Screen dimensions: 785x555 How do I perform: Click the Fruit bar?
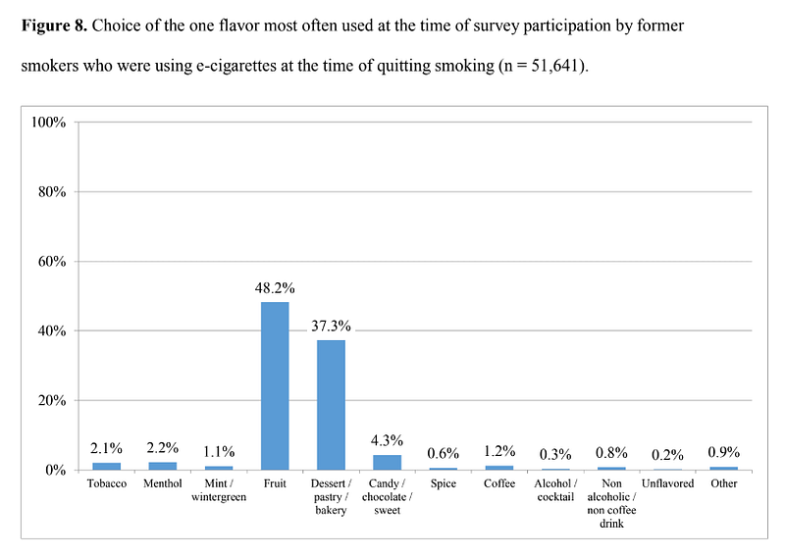275,385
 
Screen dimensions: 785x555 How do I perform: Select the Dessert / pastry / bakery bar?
331,405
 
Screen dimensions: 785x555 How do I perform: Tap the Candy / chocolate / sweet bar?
387,463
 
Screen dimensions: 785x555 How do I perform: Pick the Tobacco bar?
107,467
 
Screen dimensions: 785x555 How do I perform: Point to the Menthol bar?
163,466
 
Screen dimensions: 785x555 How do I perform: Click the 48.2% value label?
275,288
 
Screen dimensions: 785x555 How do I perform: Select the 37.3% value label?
331,327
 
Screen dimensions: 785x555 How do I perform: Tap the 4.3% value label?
387,440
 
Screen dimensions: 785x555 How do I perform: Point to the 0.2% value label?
667,455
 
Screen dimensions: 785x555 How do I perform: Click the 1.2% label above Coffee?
499,451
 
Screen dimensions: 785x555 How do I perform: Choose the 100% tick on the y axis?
48,123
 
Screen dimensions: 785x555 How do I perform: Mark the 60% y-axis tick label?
52,261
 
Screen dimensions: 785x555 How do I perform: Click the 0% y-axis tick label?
56,471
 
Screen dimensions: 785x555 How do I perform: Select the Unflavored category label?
667,483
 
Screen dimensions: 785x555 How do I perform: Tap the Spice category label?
444,484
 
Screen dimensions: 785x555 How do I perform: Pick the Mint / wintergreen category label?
219,490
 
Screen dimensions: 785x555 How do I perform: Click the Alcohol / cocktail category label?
555,490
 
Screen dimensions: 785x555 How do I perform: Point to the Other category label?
723,483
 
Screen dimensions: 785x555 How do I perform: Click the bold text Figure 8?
54,25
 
